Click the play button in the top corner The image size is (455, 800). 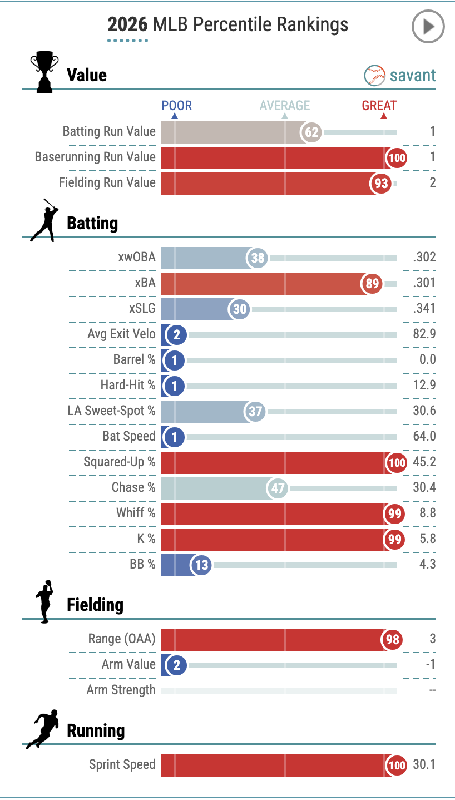tap(428, 26)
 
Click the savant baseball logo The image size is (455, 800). tap(374, 76)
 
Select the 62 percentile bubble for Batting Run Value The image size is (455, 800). tap(311, 132)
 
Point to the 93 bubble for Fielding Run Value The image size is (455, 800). tap(382, 184)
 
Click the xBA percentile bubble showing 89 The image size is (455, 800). tap(372, 284)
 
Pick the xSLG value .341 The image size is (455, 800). tap(424, 308)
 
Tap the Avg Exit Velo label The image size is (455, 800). tap(121, 334)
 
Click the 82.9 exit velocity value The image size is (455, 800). tap(425, 334)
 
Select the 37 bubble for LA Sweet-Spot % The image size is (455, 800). tap(255, 412)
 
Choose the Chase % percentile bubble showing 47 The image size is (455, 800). tap(278, 488)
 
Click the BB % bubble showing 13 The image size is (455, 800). tap(201, 565)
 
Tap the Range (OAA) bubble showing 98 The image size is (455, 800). tap(393, 640)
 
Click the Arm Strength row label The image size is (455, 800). tap(121, 690)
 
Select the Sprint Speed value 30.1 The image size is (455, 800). tap(424, 764)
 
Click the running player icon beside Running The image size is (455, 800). tap(43, 729)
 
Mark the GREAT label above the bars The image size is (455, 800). tap(379, 106)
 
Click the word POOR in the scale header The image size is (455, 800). tap(176, 106)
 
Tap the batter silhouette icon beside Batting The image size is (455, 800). tap(44, 220)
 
